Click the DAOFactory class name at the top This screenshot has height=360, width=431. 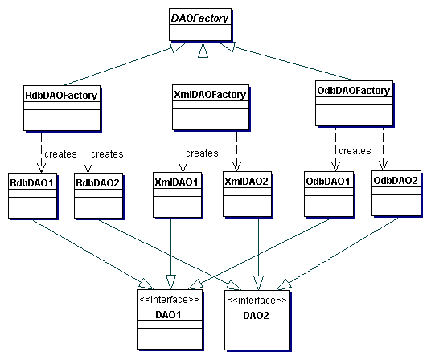[x=200, y=18]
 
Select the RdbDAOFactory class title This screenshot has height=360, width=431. [x=61, y=96]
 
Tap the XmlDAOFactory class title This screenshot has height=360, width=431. [x=210, y=95]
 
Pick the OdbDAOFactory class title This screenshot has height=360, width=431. [x=354, y=90]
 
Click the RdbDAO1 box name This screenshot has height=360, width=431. [x=31, y=182]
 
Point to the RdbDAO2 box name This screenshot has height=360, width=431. [x=98, y=183]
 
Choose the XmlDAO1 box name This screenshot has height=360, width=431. [x=176, y=182]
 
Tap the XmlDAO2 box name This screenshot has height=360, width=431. [x=247, y=182]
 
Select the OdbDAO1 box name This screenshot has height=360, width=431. [x=328, y=182]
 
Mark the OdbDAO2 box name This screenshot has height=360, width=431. [x=396, y=181]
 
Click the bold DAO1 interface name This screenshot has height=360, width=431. [x=168, y=315]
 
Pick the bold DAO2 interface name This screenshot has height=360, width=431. [x=256, y=316]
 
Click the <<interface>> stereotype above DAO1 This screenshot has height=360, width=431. [x=169, y=299]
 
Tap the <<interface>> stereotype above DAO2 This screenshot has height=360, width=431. [x=257, y=301]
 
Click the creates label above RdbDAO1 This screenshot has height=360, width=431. [x=60, y=154]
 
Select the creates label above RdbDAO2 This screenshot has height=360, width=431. [x=107, y=154]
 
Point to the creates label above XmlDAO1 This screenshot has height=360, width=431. [x=202, y=153]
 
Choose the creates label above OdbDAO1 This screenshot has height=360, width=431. [x=355, y=151]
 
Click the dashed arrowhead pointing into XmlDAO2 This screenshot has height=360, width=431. [x=236, y=166]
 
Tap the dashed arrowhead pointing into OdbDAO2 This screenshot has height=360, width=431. [x=384, y=166]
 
